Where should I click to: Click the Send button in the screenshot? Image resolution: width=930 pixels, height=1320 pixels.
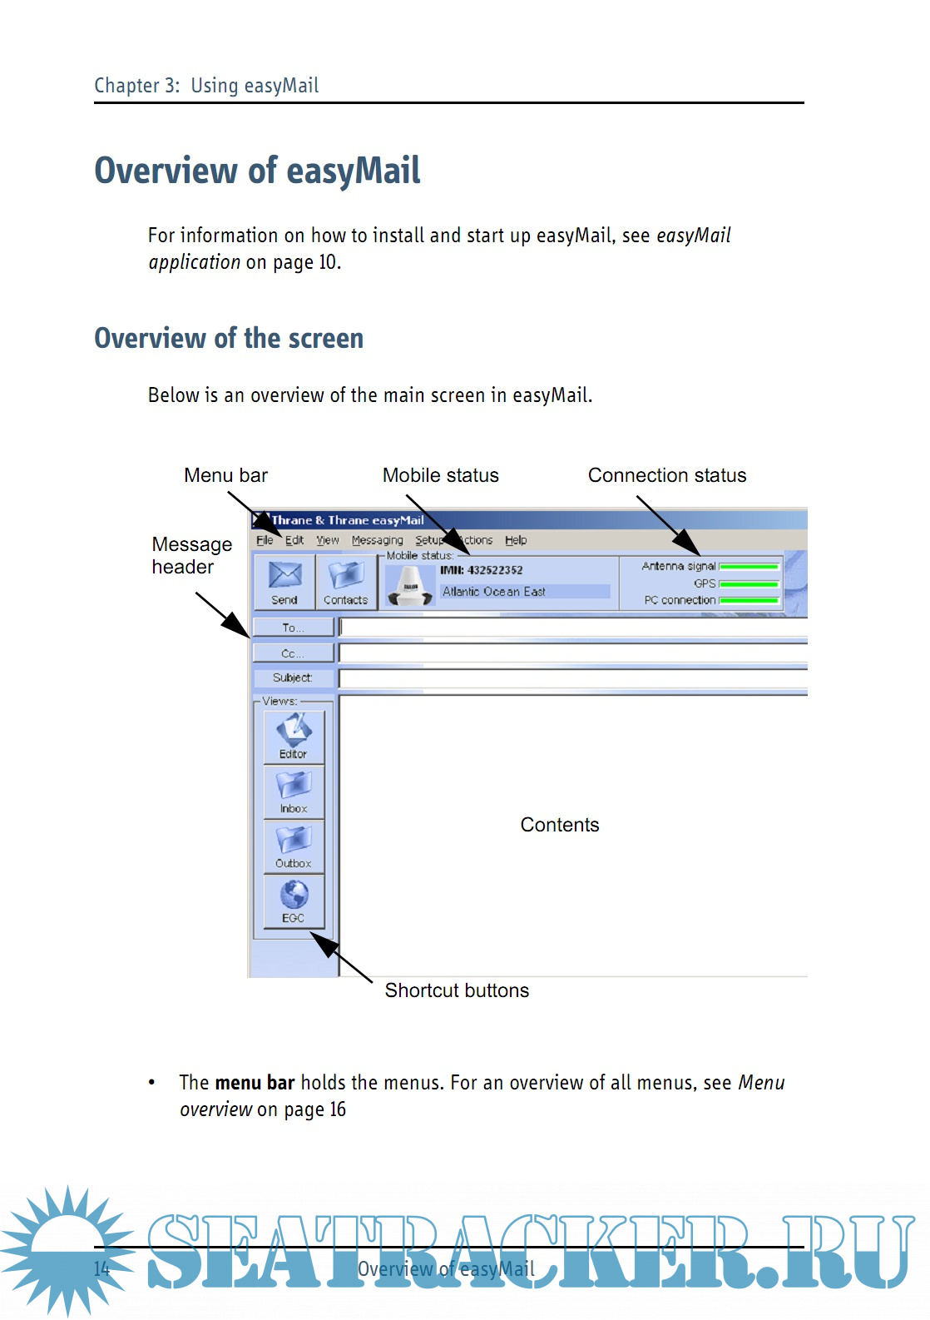[284, 582]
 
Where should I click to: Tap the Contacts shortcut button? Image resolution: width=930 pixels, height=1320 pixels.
[345, 582]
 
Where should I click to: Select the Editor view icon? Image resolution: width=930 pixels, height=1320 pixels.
[294, 737]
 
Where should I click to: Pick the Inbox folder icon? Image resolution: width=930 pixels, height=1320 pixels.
[294, 791]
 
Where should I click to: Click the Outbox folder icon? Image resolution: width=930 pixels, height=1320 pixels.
[294, 846]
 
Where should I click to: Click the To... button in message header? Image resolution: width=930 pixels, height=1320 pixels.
[293, 628]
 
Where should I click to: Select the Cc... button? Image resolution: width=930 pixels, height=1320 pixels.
[293, 653]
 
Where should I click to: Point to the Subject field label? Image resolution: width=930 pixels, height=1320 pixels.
[293, 678]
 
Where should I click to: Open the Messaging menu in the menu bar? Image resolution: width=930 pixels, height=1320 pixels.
[377, 540]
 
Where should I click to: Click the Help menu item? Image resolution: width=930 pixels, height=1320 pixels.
[516, 540]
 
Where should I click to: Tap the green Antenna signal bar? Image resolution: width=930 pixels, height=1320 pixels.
[749, 567]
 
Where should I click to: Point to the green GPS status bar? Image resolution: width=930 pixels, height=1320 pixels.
[749, 584]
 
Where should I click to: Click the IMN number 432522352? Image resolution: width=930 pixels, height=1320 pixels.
[482, 570]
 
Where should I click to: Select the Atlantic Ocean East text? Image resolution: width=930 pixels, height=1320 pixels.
[494, 592]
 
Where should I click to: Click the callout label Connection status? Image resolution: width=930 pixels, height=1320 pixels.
[667, 475]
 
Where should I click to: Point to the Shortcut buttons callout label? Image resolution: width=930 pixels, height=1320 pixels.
[457, 990]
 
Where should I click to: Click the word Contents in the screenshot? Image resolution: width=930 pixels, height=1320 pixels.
[560, 825]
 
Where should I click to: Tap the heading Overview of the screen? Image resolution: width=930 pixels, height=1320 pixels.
[229, 339]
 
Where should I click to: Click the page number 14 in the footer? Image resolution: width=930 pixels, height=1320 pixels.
[101, 1269]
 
